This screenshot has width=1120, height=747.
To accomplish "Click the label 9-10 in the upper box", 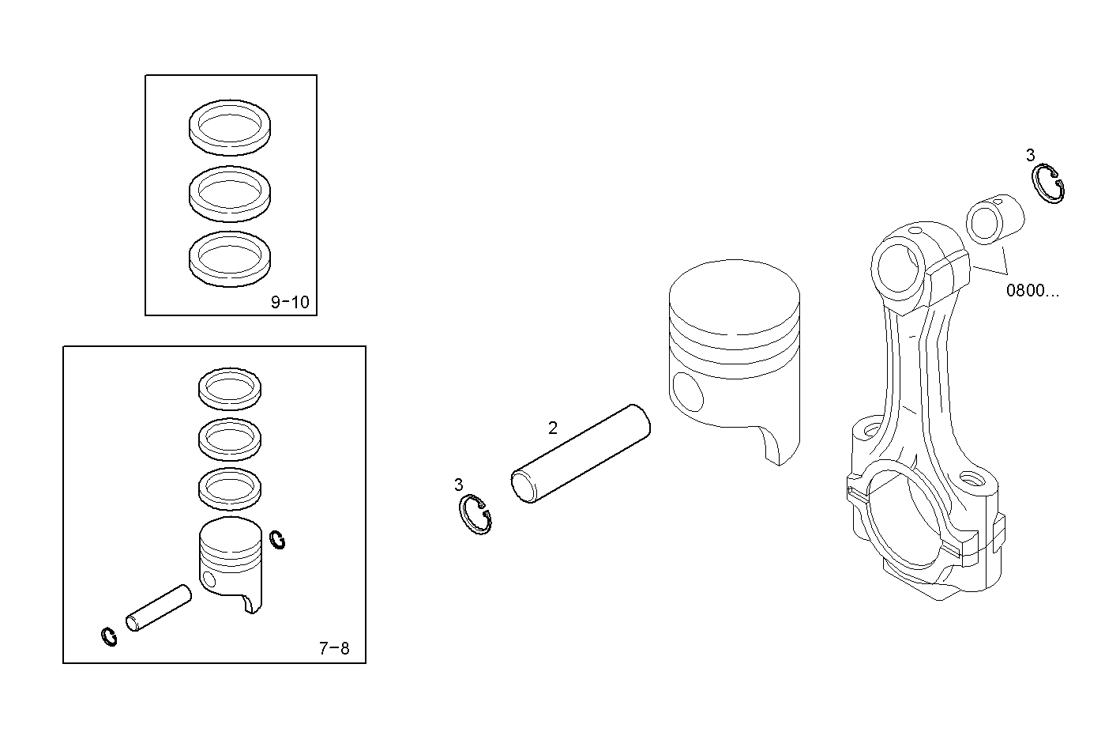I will (x=290, y=302).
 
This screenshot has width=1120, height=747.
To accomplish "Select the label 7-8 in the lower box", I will (x=333, y=649).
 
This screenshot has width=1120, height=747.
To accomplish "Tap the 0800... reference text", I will (x=1032, y=290).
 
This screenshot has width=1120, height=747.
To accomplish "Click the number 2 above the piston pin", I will (x=553, y=428).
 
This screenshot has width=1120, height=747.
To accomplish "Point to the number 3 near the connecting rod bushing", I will (x=1030, y=155).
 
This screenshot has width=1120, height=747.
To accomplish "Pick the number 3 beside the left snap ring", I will (x=458, y=484).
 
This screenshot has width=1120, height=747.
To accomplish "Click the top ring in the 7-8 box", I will (x=229, y=388).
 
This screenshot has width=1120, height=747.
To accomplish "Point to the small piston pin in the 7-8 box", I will (x=159, y=608).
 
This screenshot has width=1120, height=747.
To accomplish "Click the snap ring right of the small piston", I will (x=277, y=540).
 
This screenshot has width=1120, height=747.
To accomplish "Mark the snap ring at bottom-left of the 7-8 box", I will (x=109, y=636).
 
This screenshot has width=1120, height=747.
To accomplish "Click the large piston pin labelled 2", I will (x=581, y=454).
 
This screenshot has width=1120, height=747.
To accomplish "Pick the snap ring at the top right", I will (x=1050, y=185).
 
